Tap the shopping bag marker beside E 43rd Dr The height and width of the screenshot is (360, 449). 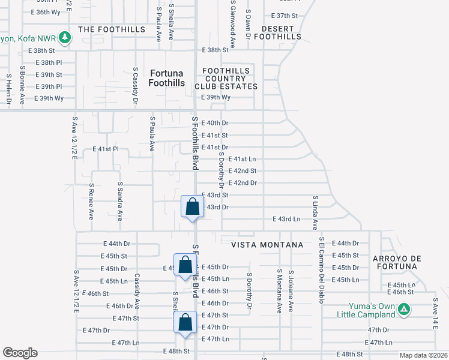192,207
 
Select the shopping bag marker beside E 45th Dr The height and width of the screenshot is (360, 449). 185,265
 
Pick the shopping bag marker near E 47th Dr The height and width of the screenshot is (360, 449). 185,322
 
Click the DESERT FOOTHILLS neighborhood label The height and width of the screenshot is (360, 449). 277,32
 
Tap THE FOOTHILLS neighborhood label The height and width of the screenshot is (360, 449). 112,29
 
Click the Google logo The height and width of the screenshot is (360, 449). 20,353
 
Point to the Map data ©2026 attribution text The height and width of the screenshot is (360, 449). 423,355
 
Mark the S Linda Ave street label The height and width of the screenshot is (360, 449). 315,212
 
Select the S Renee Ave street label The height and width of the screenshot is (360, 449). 91,202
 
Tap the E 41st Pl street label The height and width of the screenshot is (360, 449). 106,148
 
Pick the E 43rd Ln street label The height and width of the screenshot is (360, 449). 286,219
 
